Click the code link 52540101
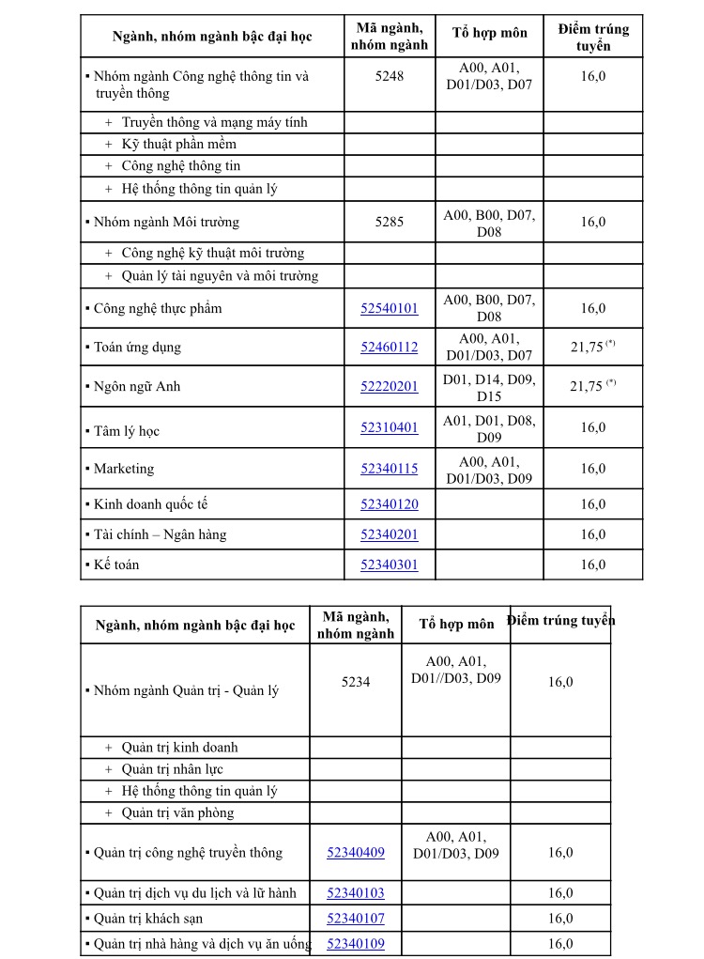pyautogui.click(x=390, y=308)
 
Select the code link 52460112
pyautogui.click(x=390, y=347)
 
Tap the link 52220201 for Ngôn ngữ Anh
pyautogui.click(x=390, y=386)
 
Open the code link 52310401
pyautogui.click(x=390, y=427)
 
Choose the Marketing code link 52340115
pyautogui.click(x=390, y=468)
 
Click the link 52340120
pyautogui.click(x=390, y=504)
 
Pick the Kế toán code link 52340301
pyautogui.click(x=390, y=565)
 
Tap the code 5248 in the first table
pyautogui.click(x=390, y=76)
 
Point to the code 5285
pyautogui.click(x=390, y=223)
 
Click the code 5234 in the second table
pyautogui.click(x=356, y=682)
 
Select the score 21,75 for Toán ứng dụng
pyautogui.click(x=588, y=347)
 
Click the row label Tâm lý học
pyautogui.click(x=127, y=431)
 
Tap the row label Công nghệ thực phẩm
pyautogui.click(x=158, y=308)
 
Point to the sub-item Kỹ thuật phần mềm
pyautogui.click(x=178, y=144)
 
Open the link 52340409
pyautogui.click(x=356, y=852)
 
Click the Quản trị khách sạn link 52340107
pyautogui.click(x=356, y=918)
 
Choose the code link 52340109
pyautogui.click(x=356, y=943)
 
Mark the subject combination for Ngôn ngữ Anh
pyautogui.click(x=489, y=386)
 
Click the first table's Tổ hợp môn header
pyautogui.click(x=489, y=33)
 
